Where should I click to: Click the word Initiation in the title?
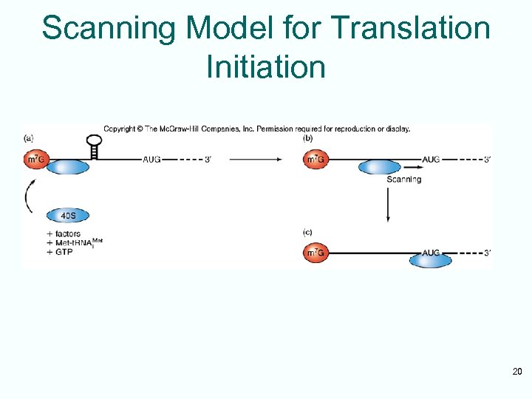[266, 66]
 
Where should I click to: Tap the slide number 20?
[516, 371]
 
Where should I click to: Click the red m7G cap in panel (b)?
[315, 160]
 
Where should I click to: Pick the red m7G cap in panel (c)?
[315, 253]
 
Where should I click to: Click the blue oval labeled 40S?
[68, 216]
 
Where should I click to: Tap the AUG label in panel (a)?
[151, 160]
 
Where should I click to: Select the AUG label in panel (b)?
[431, 160]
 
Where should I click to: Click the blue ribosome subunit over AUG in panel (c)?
[431, 258]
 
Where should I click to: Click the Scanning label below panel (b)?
[403, 179]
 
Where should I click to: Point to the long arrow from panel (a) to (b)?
[255, 160]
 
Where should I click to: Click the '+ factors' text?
[64, 234]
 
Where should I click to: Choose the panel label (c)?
[307, 233]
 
